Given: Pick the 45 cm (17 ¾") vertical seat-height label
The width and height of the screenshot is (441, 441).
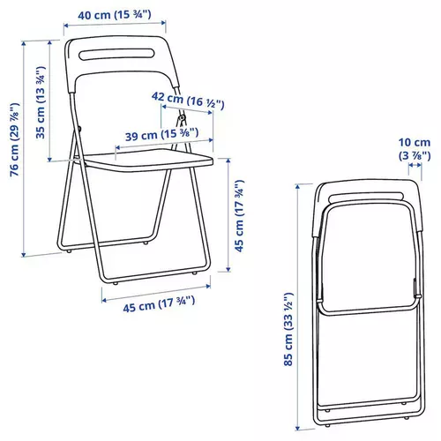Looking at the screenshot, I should pyautogui.click(x=238, y=216).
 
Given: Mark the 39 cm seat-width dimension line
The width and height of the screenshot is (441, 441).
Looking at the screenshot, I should pyautogui.click(x=163, y=142).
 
